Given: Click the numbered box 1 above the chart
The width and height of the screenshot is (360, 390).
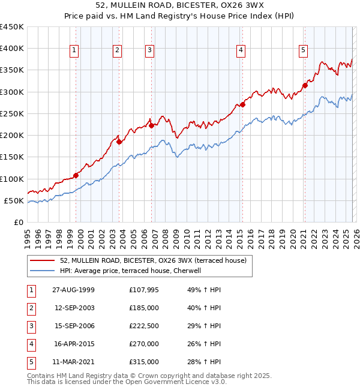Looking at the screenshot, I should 73,51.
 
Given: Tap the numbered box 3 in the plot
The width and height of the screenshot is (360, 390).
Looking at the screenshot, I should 149,51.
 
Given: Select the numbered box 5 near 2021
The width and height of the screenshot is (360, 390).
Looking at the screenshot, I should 303,51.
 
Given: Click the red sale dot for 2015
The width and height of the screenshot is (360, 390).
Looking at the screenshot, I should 243,105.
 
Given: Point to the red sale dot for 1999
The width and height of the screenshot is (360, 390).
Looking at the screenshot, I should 76,175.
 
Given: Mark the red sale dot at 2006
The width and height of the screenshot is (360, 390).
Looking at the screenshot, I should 152,125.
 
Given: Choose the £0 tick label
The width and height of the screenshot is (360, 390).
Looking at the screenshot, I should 19,222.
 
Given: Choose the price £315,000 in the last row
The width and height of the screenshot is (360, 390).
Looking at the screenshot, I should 144,362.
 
